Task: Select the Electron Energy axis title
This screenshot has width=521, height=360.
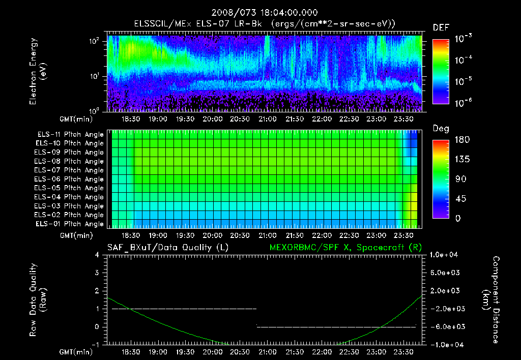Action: pyautogui.click(x=37, y=73)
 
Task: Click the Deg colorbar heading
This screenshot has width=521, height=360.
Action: pyautogui.click(x=440, y=129)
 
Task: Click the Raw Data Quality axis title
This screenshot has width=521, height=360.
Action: pyautogui.click(x=37, y=299)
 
